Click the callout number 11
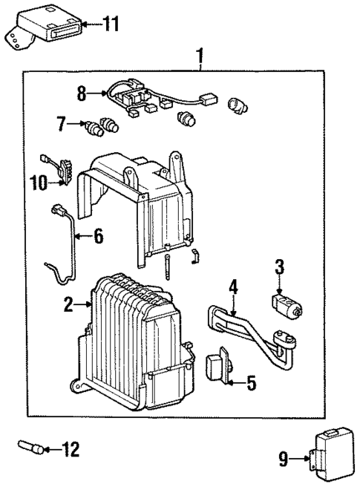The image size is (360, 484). (x=110, y=25)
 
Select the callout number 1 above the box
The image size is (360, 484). (x=198, y=56)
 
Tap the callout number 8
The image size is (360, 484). (x=82, y=94)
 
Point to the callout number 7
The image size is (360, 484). (x=61, y=122)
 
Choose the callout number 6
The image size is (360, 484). (x=98, y=237)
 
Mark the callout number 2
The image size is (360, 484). (x=69, y=304)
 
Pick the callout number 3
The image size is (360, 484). (x=280, y=266)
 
